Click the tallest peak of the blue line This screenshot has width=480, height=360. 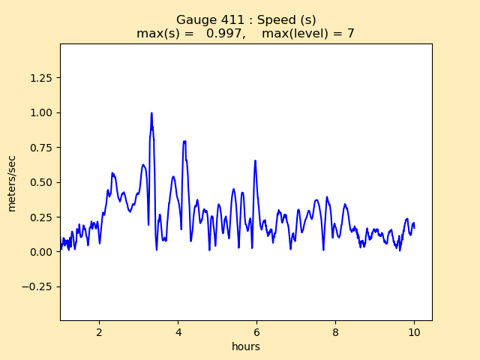[151, 113]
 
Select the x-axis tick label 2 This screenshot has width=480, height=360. [99, 331]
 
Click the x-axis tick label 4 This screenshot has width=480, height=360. [178, 331]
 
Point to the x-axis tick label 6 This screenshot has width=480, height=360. [256, 331]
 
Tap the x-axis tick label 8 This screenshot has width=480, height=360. [335, 331]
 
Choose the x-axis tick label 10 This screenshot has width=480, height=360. [414, 331]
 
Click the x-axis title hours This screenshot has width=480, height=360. [246, 346]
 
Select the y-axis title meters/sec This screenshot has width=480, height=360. [12, 183]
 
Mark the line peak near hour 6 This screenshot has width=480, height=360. [255, 160]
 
